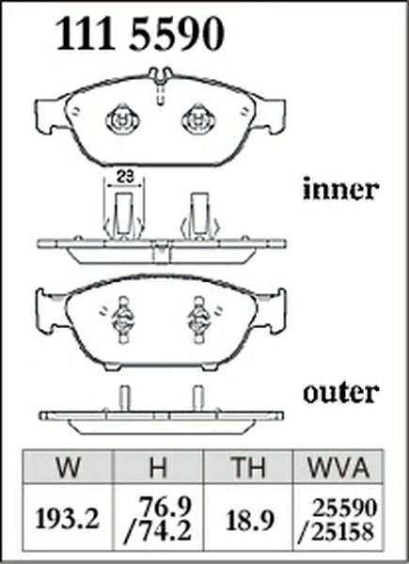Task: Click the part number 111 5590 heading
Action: (140, 34)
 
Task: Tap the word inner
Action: (340, 189)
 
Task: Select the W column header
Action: (69, 467)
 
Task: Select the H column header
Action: (158, 467)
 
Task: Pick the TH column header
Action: (248, 467)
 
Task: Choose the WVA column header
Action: (338, 467)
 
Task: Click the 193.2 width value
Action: (68, 519)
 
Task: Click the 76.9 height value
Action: (164, 507)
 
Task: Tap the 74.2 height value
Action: (158, 531)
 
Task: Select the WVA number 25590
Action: (345, 509)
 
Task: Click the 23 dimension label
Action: (125, 177)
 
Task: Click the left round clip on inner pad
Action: (122, 119)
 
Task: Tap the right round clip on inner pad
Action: (198, 119)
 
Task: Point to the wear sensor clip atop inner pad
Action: (161, 84)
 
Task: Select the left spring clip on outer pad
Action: (123, 319)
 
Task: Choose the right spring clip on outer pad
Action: (198, 319)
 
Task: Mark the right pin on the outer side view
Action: (198, 399)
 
